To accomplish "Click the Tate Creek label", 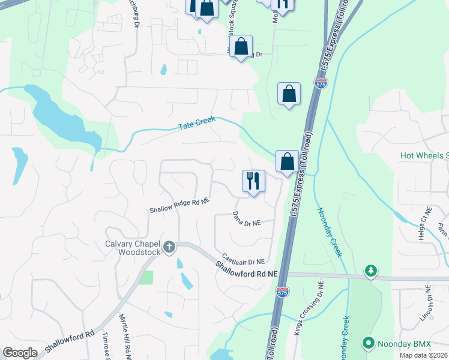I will click(x=197, y=124).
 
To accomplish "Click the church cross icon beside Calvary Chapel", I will click(x=169, y=247).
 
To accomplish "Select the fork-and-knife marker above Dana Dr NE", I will click(x=253, y=181).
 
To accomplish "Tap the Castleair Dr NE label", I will click(x=243, y=259).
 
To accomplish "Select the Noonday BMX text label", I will click(x=398, y=344).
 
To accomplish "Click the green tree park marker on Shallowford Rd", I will click(x=372, y=271).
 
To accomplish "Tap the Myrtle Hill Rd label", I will click(x=125, y=336).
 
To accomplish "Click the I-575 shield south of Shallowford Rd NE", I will click(x=282, y=292).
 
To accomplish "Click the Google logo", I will click(x=20, y=353).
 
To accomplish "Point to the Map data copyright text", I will click(x=424, y=355).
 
